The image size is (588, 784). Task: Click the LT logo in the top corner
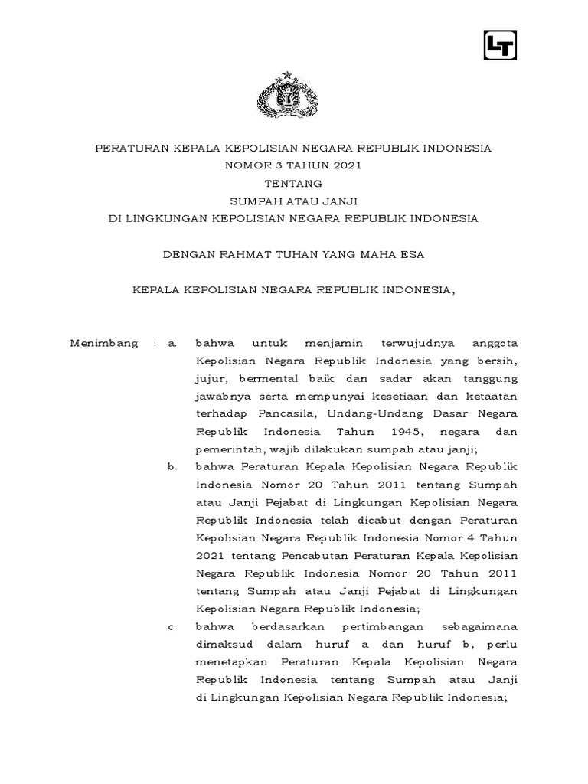(501, 44)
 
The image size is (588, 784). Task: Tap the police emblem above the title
(293, 96)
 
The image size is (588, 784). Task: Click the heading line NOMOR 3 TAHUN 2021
(293, 165)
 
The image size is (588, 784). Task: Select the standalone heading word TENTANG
(293, 182)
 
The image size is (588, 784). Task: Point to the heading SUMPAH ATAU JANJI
(293, 201)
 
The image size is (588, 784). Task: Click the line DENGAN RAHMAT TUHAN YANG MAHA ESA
(293, 254)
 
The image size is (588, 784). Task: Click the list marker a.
(172, 344)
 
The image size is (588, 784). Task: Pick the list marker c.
(172, 627)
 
